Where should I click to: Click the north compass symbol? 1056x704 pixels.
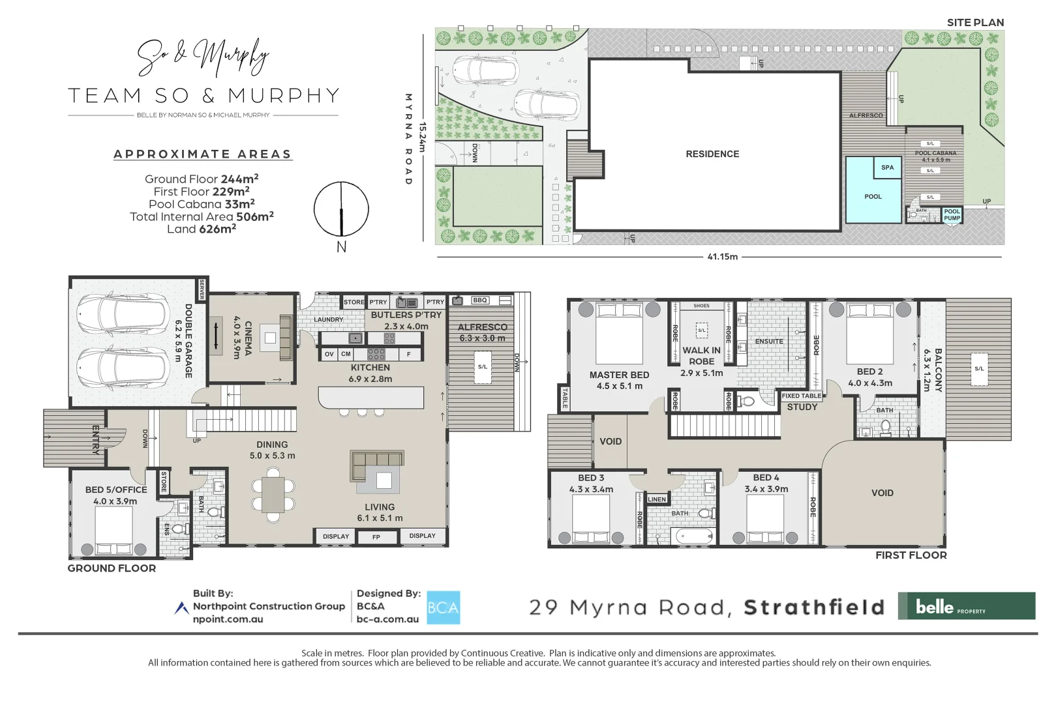click(341, 210)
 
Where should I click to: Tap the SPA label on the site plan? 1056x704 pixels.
click(887, 168)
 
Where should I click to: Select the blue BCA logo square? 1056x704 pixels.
click(444, 608)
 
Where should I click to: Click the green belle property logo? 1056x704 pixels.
click(966, 606)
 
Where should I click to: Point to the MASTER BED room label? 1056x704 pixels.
click(619, 375)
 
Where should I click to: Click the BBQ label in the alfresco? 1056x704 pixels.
click(480, 301)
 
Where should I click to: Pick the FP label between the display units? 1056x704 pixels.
click(376, 537)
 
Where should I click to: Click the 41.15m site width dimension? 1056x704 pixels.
click(722, 257)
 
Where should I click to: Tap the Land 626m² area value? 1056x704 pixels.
click(202, 229)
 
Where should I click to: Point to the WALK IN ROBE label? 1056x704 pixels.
click(701, 356)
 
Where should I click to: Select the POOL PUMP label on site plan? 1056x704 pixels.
click(952, 214)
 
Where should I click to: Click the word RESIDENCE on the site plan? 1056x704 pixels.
click(712, 154)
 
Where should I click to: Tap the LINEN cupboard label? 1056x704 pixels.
click(657, 499)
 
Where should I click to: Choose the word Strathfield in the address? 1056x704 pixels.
click(814, 608)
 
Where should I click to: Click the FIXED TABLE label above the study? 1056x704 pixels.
click(802, 396)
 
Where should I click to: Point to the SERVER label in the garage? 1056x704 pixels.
click(202, 289)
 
